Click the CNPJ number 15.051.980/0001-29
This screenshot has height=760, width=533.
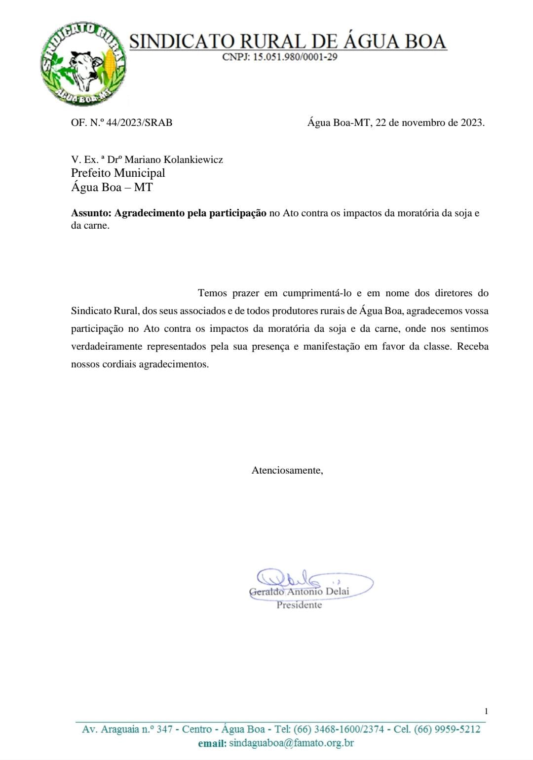(x=295, y=57)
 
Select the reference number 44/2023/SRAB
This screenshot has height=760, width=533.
(x=139, y=122)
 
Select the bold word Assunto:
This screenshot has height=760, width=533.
(x=91, y=213)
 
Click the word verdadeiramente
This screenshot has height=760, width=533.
(x=106, y=346)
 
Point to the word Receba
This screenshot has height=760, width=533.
(x=472, y=346)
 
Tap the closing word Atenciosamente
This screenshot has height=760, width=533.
(x=287, y=470)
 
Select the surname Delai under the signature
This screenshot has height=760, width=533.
(x=337, y=591)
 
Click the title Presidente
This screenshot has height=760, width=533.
(x=299, y=605)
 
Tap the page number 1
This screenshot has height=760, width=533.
(x=486, y=711)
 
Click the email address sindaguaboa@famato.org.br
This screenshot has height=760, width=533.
(x=291, y=743)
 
